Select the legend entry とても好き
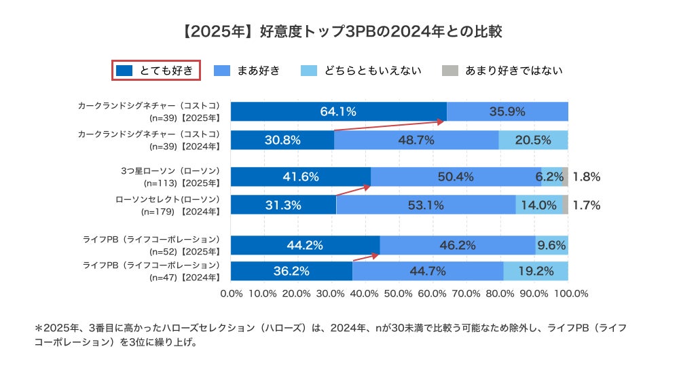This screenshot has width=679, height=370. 155,70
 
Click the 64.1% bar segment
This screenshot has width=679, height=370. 338,111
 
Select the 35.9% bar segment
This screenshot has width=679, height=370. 507,111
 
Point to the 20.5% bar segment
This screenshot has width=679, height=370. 533,140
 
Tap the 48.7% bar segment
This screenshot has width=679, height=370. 416,140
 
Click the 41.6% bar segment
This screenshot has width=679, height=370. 301,177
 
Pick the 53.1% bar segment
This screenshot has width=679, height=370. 426,205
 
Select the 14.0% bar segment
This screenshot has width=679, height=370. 538,205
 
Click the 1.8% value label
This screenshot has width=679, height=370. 586,177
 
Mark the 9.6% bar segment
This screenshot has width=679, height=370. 551,245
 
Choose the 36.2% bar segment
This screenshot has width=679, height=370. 291,271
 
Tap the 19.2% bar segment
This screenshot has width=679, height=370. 536,271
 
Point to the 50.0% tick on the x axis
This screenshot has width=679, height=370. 399,294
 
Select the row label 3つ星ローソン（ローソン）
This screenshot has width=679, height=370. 168,171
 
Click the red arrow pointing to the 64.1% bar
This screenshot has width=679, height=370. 390,126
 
